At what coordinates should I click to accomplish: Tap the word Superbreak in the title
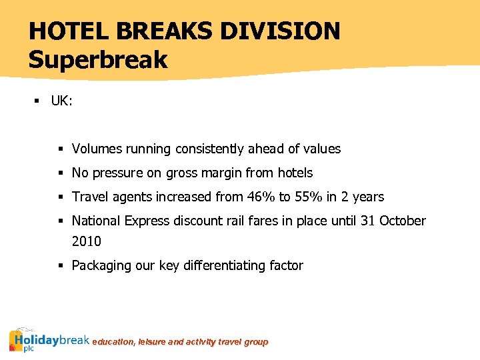[x=98, y=60]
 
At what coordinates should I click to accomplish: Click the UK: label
[x=61, y=101]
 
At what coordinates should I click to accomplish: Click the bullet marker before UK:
[x=38, y=101]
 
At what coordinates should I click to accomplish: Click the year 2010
[x=87, y=241]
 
